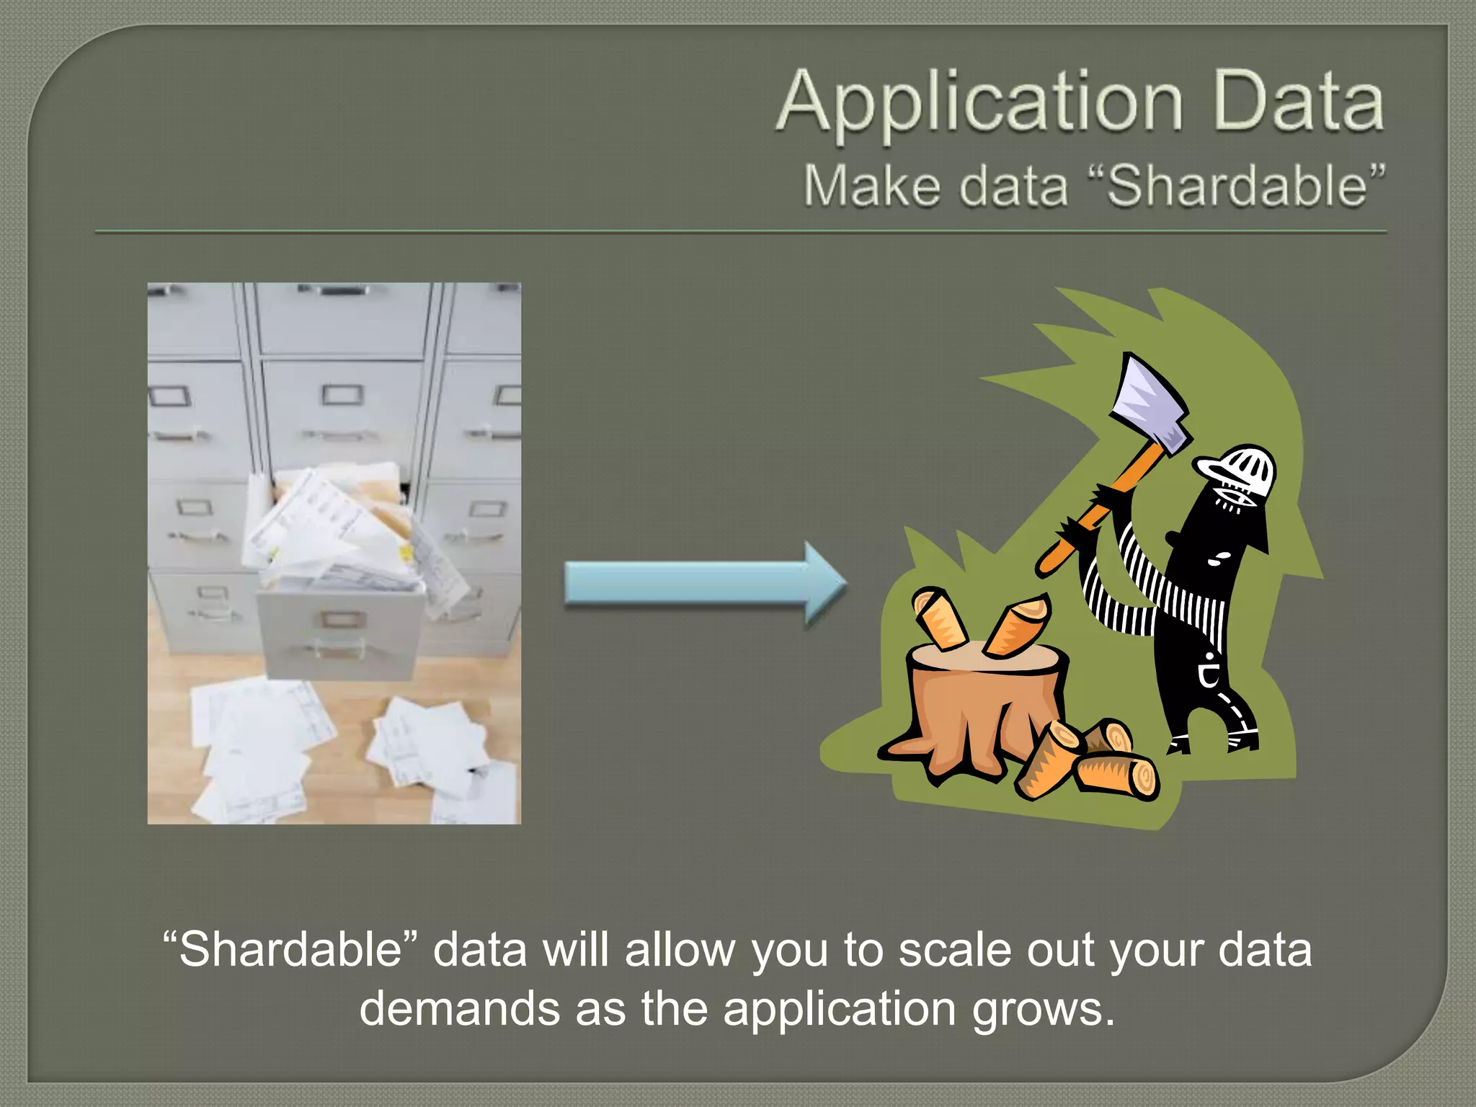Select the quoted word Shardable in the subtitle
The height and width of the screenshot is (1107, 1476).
point(1237,186)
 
